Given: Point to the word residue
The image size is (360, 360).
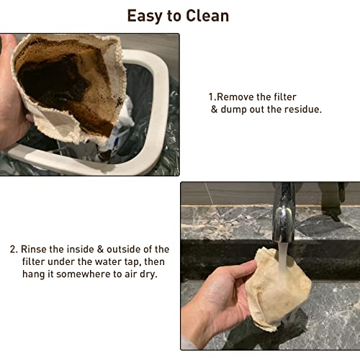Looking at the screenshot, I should click(x=303, y=109).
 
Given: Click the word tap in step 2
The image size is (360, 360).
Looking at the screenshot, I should click(x=133, y=263).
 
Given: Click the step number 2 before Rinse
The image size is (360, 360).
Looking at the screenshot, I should click(x=13, y=250).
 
